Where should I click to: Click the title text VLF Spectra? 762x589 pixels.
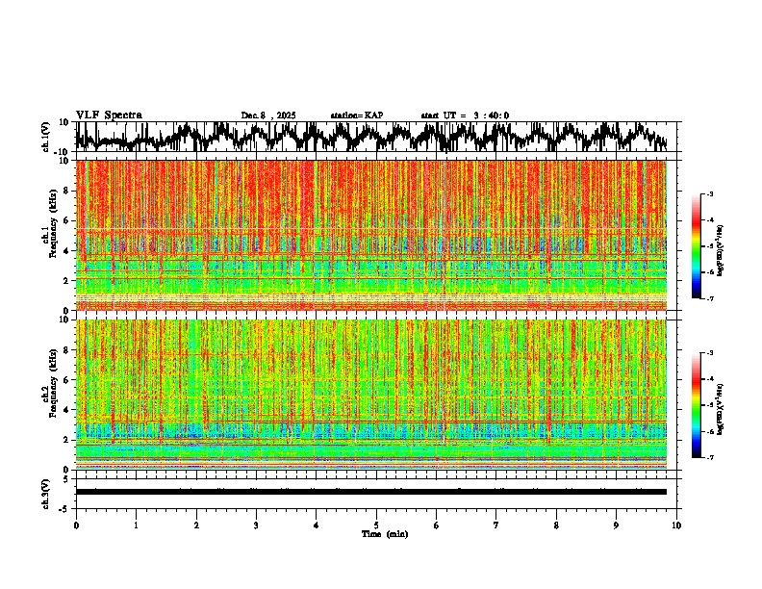(x=109, y=115)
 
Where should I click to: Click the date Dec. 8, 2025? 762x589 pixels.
(x=268, y=115)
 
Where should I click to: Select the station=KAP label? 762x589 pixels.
(x=356, y=115)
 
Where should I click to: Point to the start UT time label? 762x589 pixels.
(x=465, y=115)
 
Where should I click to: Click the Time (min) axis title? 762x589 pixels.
(x=384, y=533)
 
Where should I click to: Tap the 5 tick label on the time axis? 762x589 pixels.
(x=376, y=525)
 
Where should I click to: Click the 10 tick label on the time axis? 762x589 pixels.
(x=676, y=525)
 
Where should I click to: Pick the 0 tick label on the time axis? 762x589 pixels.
(x=76, y=525)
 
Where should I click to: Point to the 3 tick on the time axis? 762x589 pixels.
(x=256, y=525)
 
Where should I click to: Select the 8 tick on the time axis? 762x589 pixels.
(x=556, y=525)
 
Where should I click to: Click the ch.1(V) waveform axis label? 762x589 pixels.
(x=46, y=137)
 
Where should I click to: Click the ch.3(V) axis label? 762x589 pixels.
(x=46, y=492)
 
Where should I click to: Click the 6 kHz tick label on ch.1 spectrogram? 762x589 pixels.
(x=65, y=220)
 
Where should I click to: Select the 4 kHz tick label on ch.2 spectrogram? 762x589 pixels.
(x=65, y=410)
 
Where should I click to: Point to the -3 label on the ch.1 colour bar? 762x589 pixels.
(x=709, y=194)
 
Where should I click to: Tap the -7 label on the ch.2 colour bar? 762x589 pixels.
(x=709, y=458)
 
